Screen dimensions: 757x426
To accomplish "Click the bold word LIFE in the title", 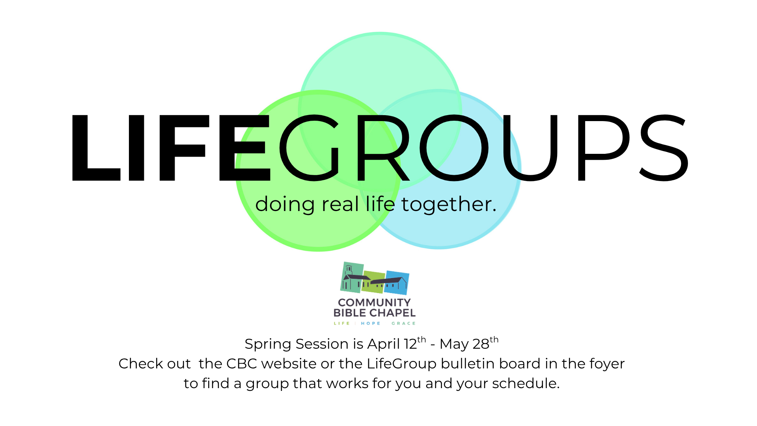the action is point(171,148).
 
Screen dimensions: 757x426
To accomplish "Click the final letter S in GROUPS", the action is point(664,148).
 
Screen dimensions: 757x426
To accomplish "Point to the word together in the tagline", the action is point(449,204).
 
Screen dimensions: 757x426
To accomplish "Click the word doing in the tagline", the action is point(285,204).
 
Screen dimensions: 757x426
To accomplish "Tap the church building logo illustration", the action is point(375,278).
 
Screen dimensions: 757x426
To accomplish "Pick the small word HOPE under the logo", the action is point(371,323).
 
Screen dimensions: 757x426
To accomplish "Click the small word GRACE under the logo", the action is point(403,323).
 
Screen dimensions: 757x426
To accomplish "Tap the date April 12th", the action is point(397,343).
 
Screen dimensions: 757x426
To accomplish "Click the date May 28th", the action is point(469,343).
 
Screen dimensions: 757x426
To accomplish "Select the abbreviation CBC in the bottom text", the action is point(242,363).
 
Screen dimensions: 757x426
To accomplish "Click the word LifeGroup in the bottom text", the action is point(402,364).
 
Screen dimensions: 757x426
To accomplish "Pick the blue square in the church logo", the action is point(397,282).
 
